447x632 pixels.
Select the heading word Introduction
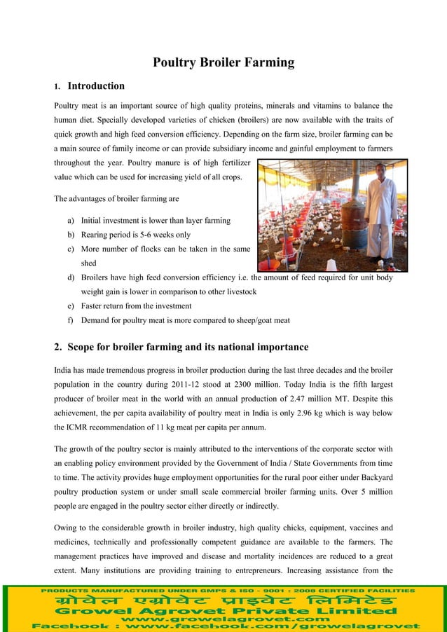click(96, 86)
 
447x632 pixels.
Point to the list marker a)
click(71, 221)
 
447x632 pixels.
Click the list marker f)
click(71, 321)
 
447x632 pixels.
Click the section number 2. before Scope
click(59, 347)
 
